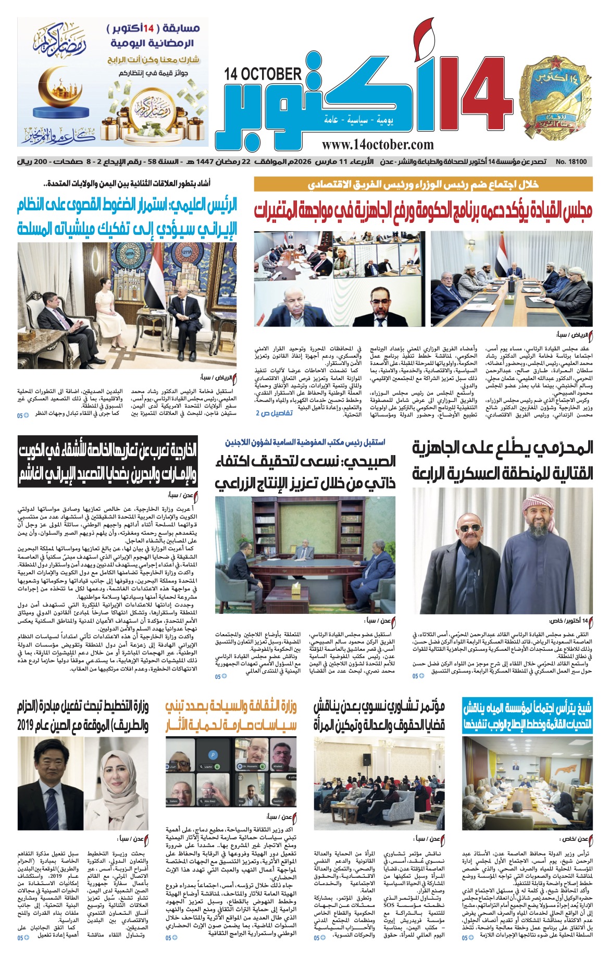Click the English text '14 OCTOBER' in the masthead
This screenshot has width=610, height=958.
coord(263,74)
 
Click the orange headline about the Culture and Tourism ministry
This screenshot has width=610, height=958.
coord(231,715)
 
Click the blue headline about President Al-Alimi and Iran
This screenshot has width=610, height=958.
coord(127,217)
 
